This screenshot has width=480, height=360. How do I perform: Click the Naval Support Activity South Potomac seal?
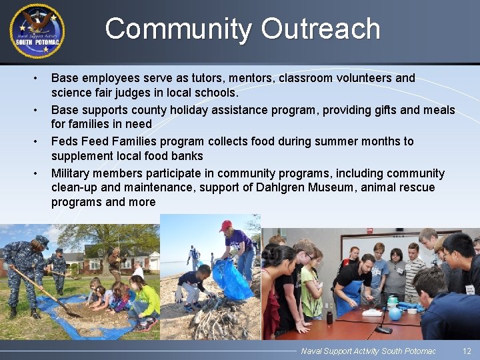click(x=37, y=31)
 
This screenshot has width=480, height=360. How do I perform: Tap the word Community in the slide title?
click(x=177, y=29)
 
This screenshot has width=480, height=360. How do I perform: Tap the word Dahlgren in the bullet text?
click(x=280, y=187)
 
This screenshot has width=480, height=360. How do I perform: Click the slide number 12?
click(x=467, y=351)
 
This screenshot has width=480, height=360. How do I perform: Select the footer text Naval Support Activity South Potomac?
click(x=368, y=351)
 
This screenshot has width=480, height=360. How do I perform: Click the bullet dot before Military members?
click(x=36, y=173)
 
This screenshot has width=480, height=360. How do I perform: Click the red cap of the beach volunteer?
click(x=225, y=225)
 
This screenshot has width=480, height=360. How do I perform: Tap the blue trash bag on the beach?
click(x=231, y=280)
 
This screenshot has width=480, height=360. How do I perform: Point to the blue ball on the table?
click(x=395, y=313)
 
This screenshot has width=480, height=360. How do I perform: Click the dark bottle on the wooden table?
click(x=329, y=317)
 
